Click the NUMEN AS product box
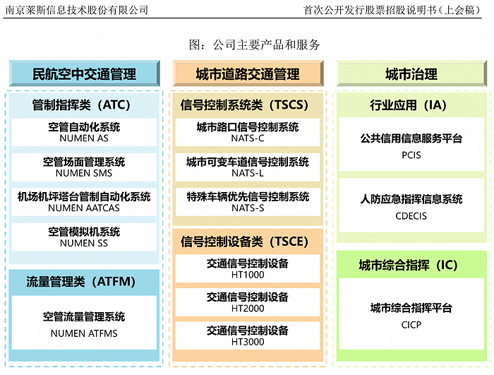click(x=84, y=133)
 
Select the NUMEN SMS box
click(x=84, y=167)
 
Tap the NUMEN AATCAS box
click(x=84, y=202)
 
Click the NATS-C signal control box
click(x=248, y=133)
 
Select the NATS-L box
click(x=248, y=167)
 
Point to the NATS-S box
click(x=248, y=202)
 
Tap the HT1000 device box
click(x=248, y=269)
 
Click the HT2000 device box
click(x=248, y=303)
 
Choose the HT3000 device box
click(x=248, y=336)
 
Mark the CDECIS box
click(x=411, y=207)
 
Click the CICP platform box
click(x=411, y=314)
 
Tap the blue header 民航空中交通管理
click(x=84, y=74)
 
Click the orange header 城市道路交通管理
click(x=248, y=74)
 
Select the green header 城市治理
click(x=411, y=74)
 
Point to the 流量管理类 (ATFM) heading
click(x=84, y=282)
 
